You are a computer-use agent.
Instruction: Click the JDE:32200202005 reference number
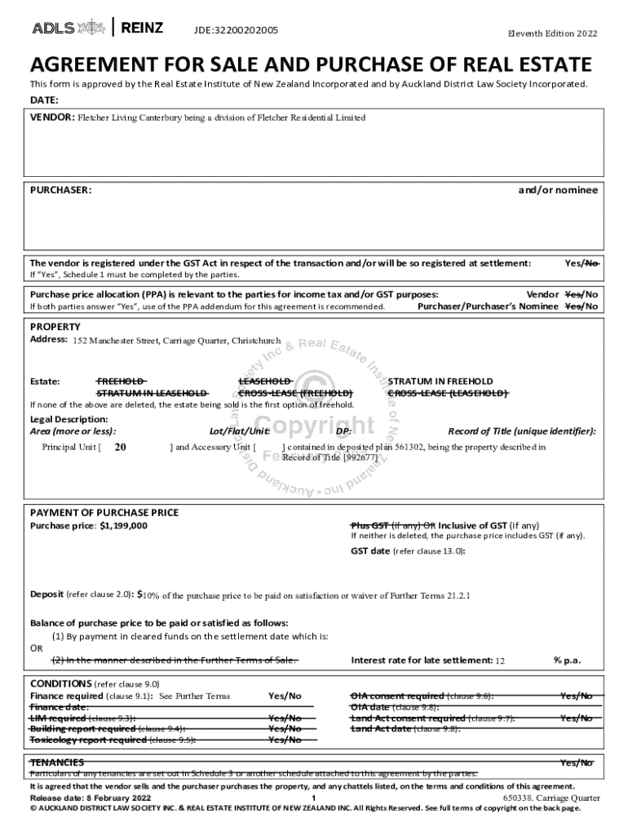click(x=236, y=30)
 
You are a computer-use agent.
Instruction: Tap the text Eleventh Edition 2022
click(x=552, y=33)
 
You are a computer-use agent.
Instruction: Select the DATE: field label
click(x=44, y=100)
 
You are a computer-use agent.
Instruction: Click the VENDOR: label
click(x=52, y=117)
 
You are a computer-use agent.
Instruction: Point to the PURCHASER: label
click(x=60, y=190)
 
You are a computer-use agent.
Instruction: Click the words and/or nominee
click(x=558, y=190)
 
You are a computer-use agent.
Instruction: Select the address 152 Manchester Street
click(x=176, y=340)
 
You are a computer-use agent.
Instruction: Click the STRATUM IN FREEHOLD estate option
click(x=440, y=381)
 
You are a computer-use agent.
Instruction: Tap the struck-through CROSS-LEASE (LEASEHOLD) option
click(x=447, y=393)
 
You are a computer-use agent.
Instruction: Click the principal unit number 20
click(x=120, y=447)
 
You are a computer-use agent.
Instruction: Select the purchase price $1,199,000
click(x=123, y=526)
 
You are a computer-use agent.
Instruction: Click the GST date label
click(x=370, y=551)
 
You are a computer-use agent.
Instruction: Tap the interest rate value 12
click(x=501, y=660)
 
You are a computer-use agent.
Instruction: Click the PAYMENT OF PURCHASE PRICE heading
click(x=104, y=513)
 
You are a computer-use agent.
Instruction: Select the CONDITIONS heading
click(x=60, y=683)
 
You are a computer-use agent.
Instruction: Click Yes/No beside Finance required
click(x=285, y=696)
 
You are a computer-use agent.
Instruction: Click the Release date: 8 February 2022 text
click(x=90, y=797)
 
